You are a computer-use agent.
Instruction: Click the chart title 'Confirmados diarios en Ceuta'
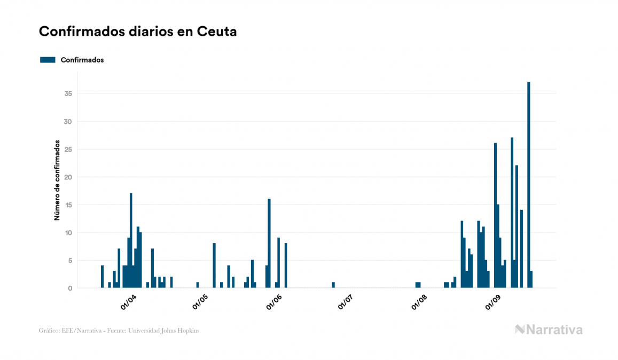pos(138,32)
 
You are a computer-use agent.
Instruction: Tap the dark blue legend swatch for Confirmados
pos(48,60)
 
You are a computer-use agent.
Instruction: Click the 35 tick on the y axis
pos(68,93)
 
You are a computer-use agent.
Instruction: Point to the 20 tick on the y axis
pos(68,177)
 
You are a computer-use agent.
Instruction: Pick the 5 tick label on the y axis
pos(70,260)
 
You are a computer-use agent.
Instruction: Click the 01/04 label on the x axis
pos(128,302)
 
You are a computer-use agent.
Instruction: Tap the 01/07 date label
pos(346,302)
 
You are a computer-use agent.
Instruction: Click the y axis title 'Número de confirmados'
pos(56,181)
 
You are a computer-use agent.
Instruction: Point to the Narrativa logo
pos(549,330)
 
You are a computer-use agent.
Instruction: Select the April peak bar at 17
pos(131,240)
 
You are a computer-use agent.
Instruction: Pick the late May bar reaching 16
pos(269,243)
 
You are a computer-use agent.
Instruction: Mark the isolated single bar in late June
pos(333,285)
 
